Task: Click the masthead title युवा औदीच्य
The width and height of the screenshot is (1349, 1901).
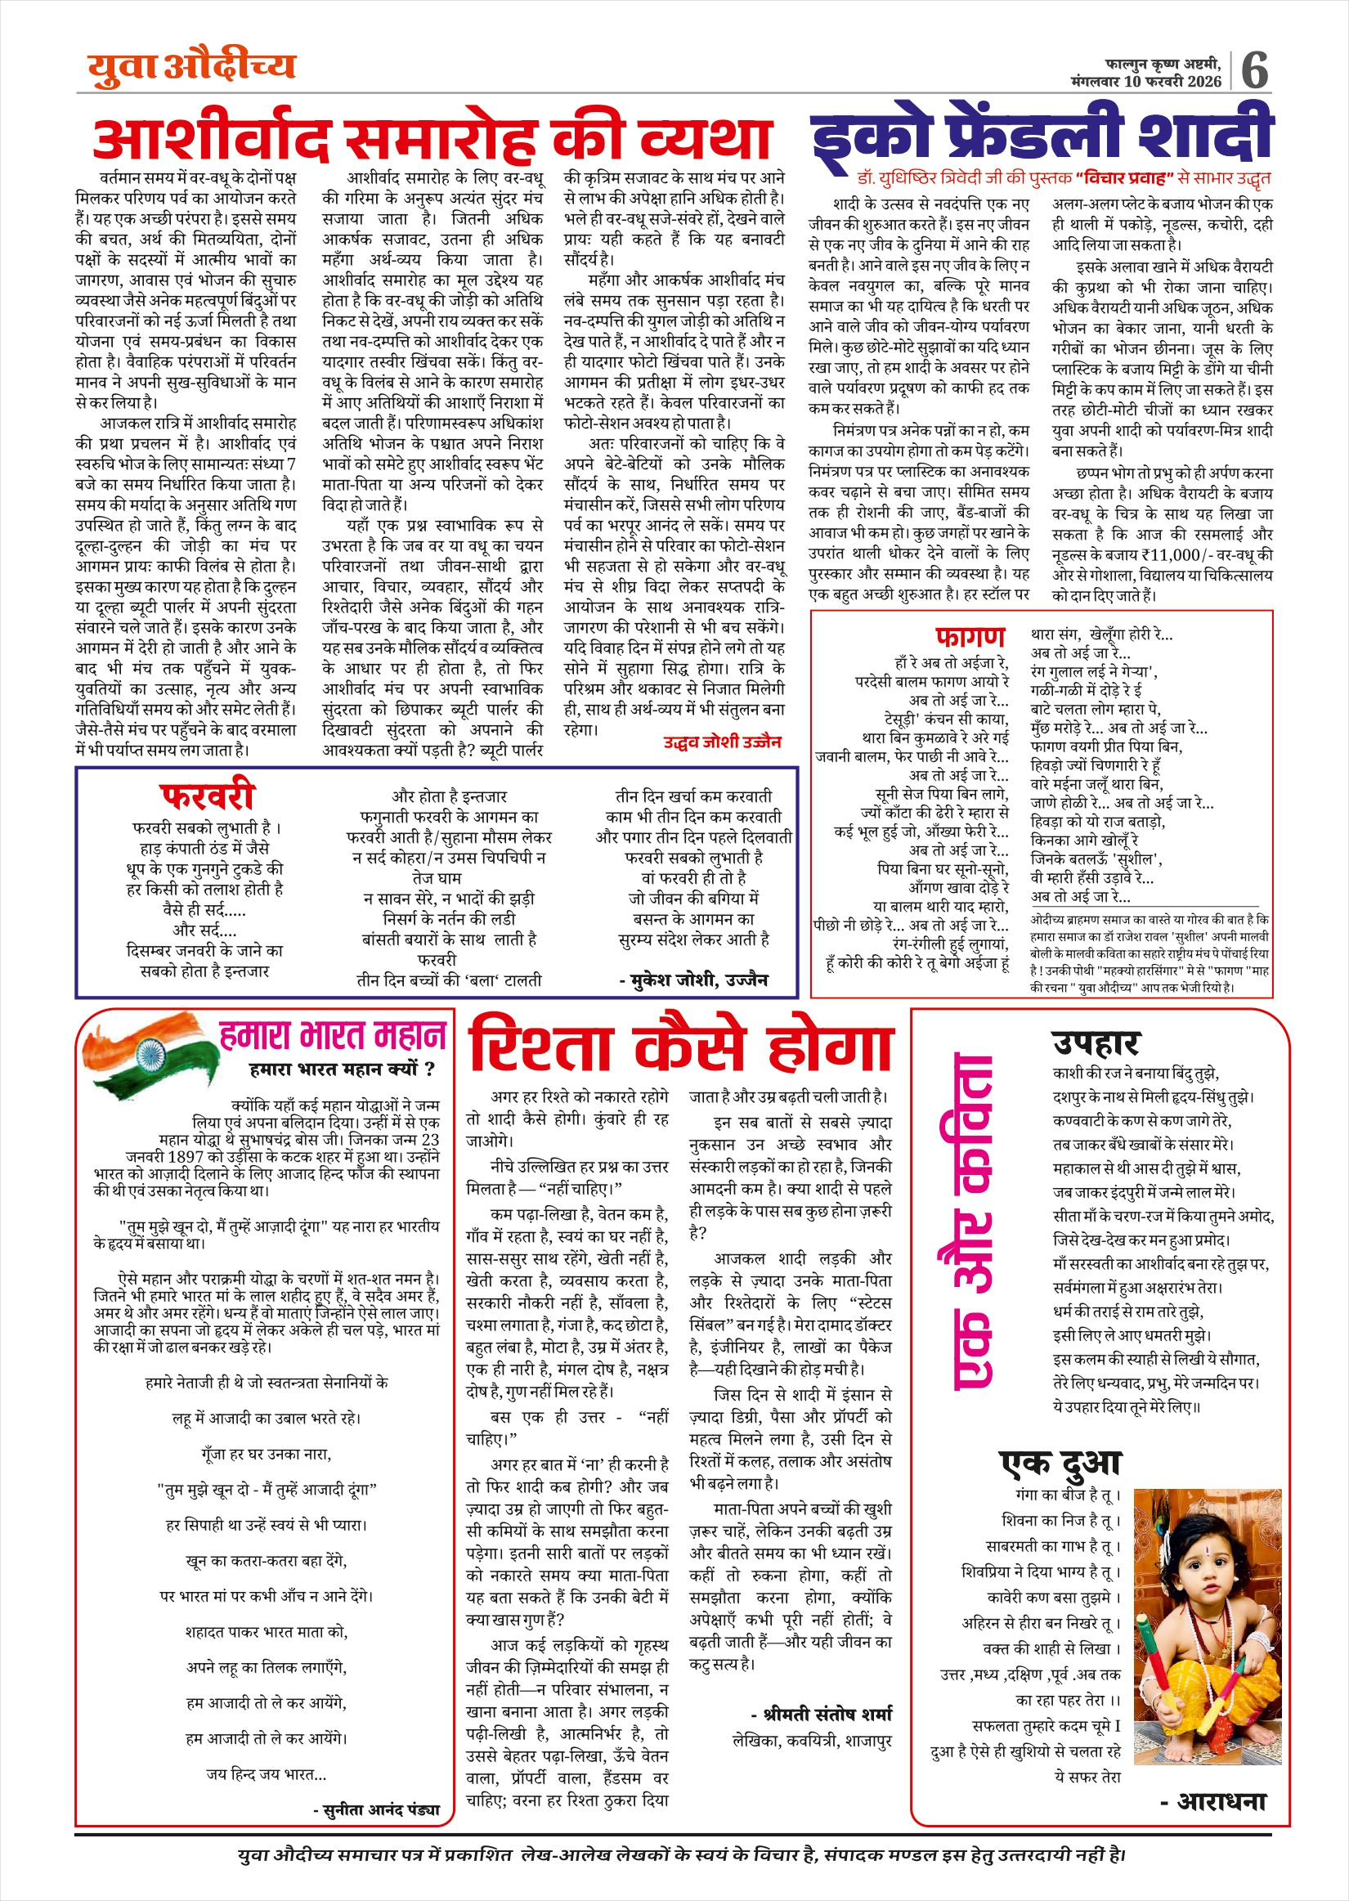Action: pyautogui.click(x=192, y=67)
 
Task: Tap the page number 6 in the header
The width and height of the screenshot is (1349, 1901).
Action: pyautogui.click(x=1254, y=69)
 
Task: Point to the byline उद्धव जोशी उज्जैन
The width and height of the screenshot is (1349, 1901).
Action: pyautogui.click(x=722, y=742)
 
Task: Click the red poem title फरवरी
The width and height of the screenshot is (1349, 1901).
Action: pyautogui.click(x=207, y=796)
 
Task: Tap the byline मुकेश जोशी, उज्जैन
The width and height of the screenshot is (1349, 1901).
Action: pyautogui.click(x=693, y=980)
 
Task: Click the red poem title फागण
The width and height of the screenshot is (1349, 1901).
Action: pyautogui.click(x=970, y=636)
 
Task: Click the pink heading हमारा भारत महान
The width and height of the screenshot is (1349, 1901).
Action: pyautogui.click(x=332, y=1035)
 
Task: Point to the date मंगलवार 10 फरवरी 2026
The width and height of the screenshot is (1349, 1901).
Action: pyautogui.click(x=1145, y=82)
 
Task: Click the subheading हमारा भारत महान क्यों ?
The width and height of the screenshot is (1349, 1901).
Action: pyautogui.click(x=342, y=1069)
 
